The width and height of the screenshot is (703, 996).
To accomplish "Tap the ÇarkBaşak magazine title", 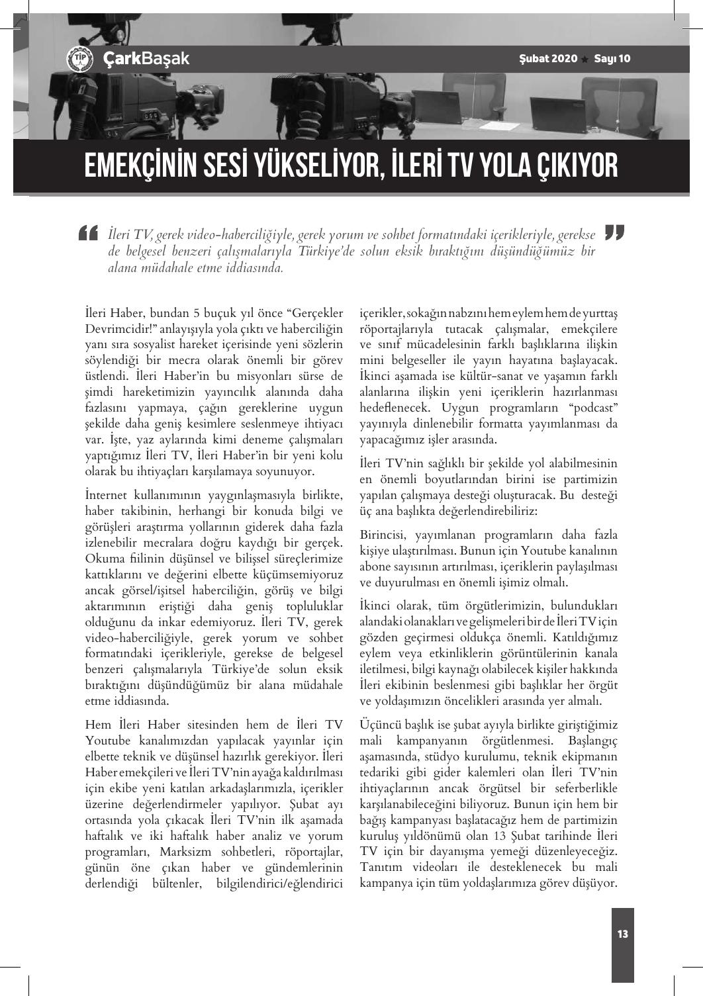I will point(146,58).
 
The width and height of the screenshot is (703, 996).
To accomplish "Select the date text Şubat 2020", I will point(548,58).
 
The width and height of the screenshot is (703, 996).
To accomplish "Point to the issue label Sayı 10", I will point(612,58).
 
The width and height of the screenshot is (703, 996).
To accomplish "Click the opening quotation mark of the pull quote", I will point(87,234).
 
